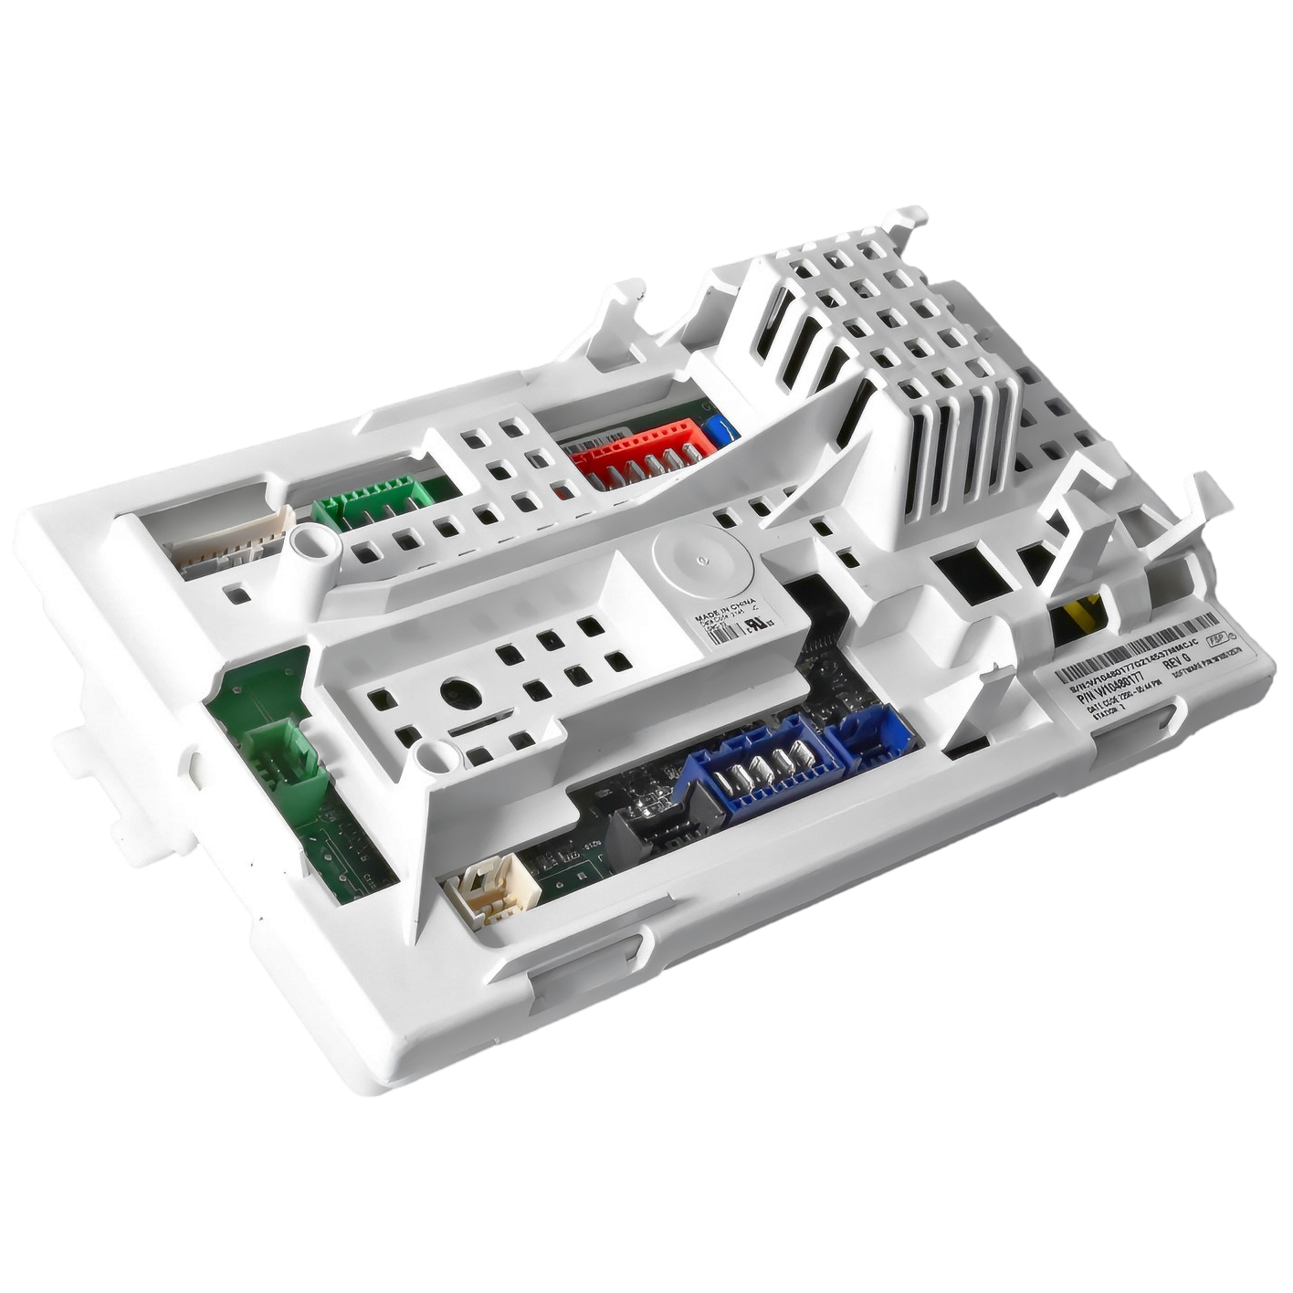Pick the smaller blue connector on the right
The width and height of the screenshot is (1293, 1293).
[872, 736]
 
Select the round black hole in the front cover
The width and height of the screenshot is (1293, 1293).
[461, 695]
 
